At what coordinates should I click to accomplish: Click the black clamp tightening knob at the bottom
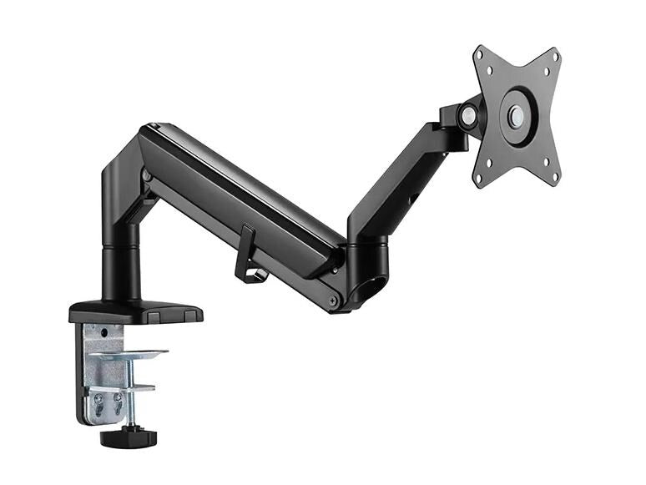click(x=123, y=436)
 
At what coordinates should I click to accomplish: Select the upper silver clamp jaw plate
click(x=129, y=355)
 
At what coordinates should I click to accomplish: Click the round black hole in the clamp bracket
click(x=103, y=333)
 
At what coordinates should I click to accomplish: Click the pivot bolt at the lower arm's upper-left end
click(x=148, y=176)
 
